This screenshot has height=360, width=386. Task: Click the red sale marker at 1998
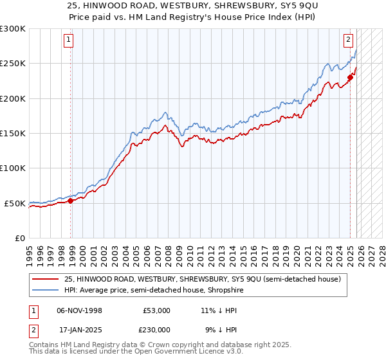[70, 201]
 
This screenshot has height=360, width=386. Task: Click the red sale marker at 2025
[350, 77]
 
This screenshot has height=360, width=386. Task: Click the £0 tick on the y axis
[20, 238]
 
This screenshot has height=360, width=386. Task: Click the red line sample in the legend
[46, 278]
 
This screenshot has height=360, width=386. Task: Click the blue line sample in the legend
[46, 290]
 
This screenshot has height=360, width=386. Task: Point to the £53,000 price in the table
[156, 310]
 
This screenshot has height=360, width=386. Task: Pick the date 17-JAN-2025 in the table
[79, 330]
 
